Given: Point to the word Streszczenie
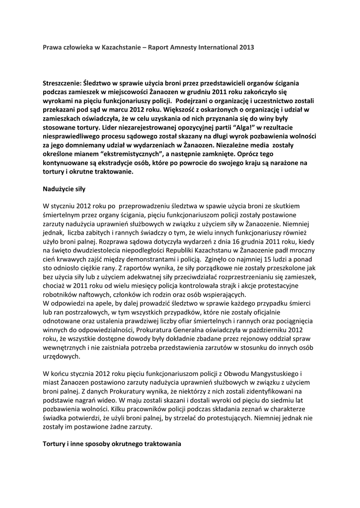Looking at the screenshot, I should [62, 83].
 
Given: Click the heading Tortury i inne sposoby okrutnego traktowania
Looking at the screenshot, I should [112, 444].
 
